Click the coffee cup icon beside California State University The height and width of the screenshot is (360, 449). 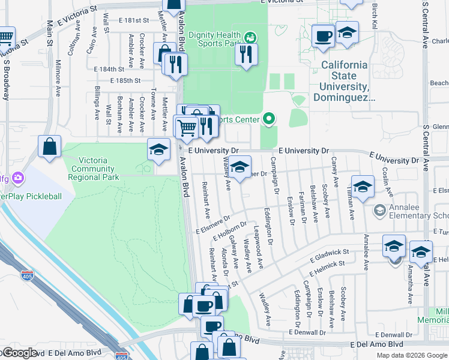tap(324, 35)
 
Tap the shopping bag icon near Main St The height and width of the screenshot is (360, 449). tap(50, 146)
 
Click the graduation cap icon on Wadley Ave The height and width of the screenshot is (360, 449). tap(240, 169)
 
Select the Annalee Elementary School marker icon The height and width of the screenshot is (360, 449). tap(379, 211)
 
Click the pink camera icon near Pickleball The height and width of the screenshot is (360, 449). tap(19, 178)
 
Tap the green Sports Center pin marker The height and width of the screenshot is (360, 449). tap(269, 119)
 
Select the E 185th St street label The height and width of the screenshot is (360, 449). tap(125, 80)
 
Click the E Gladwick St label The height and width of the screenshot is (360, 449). tap(330, 256)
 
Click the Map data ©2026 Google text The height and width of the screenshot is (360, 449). tap(412, 355)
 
